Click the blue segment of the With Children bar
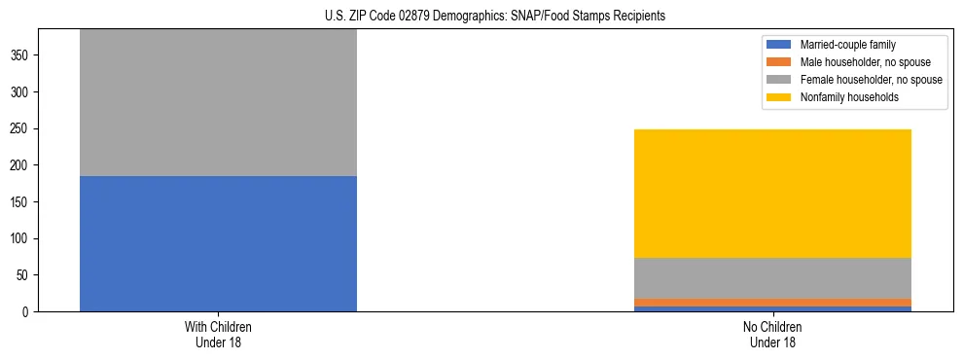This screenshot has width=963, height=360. [x=218, y=243]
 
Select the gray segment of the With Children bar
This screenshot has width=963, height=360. [x=218, y=102]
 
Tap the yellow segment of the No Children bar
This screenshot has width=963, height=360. [x=772, y=194]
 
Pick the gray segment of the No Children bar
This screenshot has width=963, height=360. [x=772, y=278]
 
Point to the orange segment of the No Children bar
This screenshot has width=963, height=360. [x=772, y=303]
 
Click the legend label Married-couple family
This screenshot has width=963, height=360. [x=847, y=45]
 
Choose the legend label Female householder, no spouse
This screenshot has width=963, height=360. [x=871, y=80]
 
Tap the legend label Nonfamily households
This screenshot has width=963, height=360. [x=848, y=97]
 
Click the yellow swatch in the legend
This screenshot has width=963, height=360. [x=779, y=97]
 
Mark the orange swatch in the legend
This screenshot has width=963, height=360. [x=779, y=62]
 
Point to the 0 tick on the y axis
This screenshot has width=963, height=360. [x=28, y=312]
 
